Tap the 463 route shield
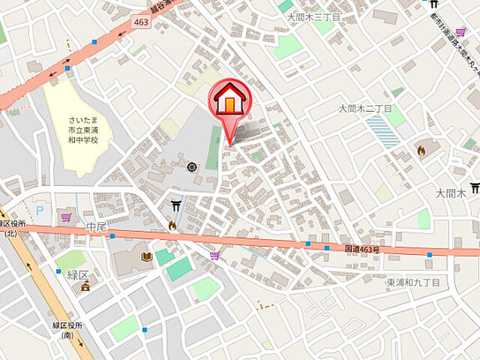tap(141, 22)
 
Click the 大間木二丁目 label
tap(366, 108)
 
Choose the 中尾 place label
tap(97, 226)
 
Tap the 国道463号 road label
tap(362, 247)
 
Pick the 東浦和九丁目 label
tap(413, 282)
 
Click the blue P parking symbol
tap(39, 211)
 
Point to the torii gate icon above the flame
tap(175, 204)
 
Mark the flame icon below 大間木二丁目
tap(421, 150)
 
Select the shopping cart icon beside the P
tap(66, 217)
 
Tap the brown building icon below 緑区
tap(85, 286)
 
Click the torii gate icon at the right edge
tap(474, 187)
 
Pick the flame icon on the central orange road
tap(172, 224)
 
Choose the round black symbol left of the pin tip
tap(191, 166)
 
